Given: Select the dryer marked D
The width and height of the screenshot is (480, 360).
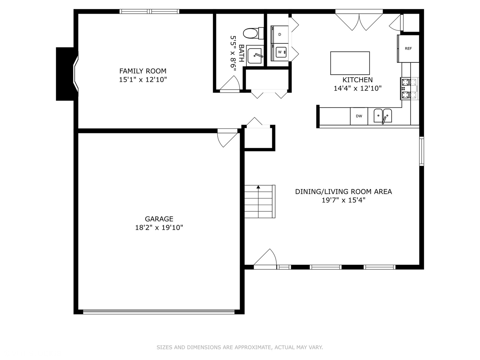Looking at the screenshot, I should tap(279, 34).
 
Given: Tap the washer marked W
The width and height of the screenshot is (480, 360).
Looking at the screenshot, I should tap(280, 52).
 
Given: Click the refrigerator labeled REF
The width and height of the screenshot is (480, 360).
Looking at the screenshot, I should tap(408, 49).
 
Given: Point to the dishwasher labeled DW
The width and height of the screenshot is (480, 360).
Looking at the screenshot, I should tap(359, 116).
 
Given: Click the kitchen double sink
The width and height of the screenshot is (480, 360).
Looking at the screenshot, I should tap(383, 116).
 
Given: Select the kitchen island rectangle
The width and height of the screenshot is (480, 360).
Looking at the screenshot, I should tap(350, 63).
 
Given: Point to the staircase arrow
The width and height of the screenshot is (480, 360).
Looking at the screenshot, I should tap(258, 187).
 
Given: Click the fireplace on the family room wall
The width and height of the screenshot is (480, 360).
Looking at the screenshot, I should tap(67, 74).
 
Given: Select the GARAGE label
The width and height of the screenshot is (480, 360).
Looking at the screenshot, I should tap(159, 219).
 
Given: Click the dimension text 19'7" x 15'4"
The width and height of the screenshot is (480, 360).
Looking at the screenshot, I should tap(343, 200).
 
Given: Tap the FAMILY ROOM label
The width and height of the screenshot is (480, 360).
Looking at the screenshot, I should tap(143, 71).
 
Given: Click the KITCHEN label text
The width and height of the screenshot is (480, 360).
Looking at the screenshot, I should tap(357, 80).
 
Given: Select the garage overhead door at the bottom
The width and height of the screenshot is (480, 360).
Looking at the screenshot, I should tap(159, 312).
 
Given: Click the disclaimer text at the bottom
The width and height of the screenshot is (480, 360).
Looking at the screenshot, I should tap(240, 347).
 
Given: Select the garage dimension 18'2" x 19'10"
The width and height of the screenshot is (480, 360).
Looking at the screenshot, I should tap(159, 228).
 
